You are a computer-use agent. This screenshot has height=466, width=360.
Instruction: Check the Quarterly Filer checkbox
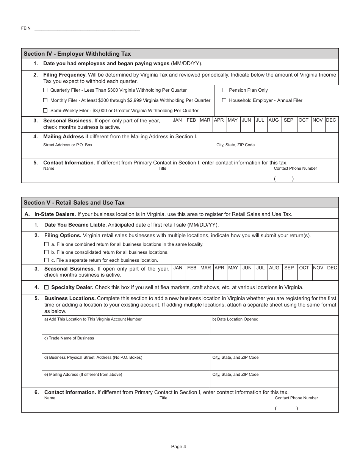45,90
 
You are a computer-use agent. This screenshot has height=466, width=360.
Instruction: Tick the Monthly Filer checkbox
45,100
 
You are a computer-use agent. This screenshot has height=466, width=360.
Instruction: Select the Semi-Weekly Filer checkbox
45,111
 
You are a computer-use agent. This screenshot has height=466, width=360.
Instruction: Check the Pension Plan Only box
224,90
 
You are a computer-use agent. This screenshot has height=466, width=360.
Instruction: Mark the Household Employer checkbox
224,100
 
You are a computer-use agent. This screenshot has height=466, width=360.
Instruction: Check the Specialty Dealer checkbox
47,287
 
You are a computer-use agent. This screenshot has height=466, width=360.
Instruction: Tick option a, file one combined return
47,244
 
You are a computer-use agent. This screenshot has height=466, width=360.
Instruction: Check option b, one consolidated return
47,252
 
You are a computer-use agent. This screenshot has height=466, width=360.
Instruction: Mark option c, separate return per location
47,260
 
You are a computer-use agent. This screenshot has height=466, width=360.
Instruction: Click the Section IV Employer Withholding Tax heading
77,54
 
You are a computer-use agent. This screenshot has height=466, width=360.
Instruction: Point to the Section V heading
74,203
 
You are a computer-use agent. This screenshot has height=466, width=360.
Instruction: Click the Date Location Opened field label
235,319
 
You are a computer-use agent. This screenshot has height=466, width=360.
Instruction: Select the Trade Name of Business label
69,338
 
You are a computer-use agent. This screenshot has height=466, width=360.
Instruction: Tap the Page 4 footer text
178,446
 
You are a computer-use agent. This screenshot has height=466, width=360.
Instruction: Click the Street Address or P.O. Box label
68,145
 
